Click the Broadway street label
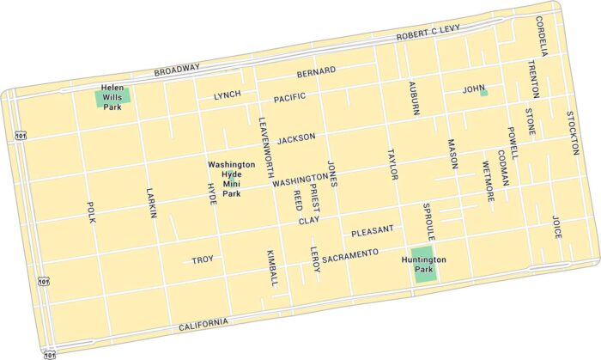[x=177, y=69]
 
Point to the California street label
[x=204, y=324]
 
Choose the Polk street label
[x=91, y=211]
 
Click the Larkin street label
[x=152, y=203]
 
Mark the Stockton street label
[x=573, y=127]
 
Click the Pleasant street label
[x=373, y=231]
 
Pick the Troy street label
[x=203, y=259]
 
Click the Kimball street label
[x=272, y=267]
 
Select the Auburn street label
[x=414, y=99]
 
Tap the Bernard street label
[x=315, y=72]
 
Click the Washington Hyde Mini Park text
[x=232, y=179]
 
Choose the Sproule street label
[x=429, y=222]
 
